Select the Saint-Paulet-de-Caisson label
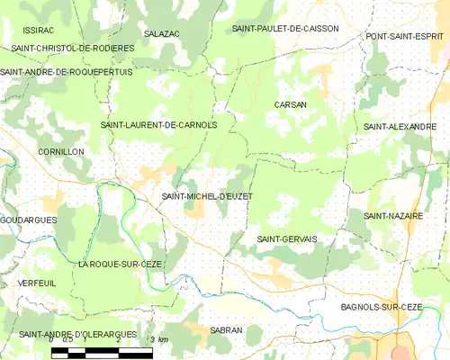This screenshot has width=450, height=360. pyautogui.click(x=285, y=29)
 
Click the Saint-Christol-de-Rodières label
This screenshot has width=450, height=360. pyautogui.click(x=73, y=48)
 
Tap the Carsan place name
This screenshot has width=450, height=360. pyautogui.click(x=291, y=104)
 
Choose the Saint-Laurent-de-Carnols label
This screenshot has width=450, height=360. pyautogui.click(x=159, y=125)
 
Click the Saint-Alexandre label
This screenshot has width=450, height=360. pyautogui.click(x=400, y=127)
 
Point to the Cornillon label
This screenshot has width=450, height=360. pyautogui.click(x=61, y=152)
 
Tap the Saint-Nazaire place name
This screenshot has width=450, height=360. pyautogui.click(x=394, y=216)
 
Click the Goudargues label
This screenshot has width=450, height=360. pyautogui.click(x=29, y=220)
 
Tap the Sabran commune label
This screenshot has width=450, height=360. pyautogui.click(x=226, y=330)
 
